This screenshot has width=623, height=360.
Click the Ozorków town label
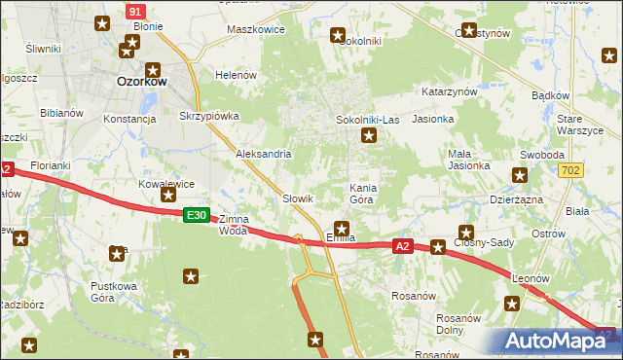(x=141, y=82)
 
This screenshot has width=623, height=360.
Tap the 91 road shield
(x=135, y=10)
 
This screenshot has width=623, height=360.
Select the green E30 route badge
(x=196, y=215)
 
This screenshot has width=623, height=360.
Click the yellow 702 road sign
(x=571, y=170)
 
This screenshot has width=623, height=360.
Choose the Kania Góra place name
(x=361, y=192)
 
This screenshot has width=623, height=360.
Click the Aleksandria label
(x=264, y=154)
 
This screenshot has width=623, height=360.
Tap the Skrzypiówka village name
(x=209, y=115)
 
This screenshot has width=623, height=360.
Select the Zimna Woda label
(x=234, y=225)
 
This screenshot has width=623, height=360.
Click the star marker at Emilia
(x=342, y=228)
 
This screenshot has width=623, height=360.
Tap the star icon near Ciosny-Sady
(x=465, y=233)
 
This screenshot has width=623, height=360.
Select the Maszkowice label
(x=255, y=29)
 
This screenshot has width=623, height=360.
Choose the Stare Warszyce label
(x=583, y=124)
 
